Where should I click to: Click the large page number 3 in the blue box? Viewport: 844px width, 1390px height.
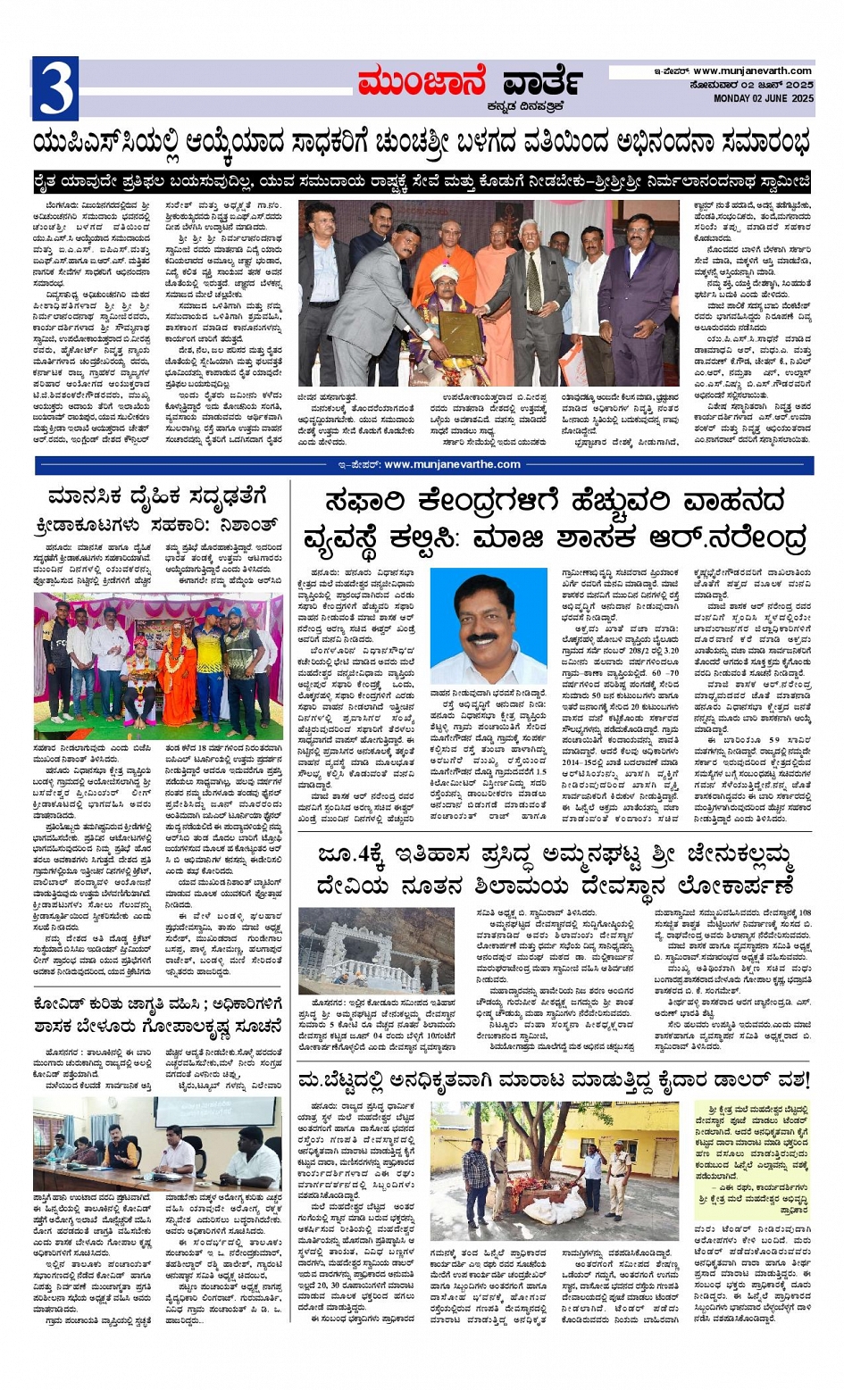54,87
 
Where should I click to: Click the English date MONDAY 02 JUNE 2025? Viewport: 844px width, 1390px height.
763,98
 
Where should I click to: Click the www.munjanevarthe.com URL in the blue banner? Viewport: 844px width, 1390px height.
452,464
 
